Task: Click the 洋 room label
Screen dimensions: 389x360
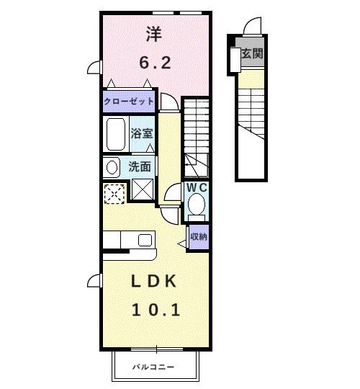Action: pyautogui.click(x=153, y=34)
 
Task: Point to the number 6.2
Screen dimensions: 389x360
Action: pyautogui.click(x=154, y=63)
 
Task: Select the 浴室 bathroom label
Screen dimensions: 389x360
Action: pyautogui.click(x=141, y=133)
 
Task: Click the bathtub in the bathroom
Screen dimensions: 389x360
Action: pyautogui.click(x=116, y=134)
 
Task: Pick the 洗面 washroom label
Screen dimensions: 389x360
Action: pyautogui.click(x=140, y=166)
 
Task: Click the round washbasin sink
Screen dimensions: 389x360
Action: pyautogui.click(x=112, y=167)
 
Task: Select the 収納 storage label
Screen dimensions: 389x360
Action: pyautogui.click(x=199, y=236)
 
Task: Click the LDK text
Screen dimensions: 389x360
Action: pyautogui.click(x=154, y=281)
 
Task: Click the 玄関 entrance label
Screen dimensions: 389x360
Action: pyautogui.click(x=251, y=53)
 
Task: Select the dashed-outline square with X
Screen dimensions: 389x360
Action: pyautogui.click(x=114, y=193)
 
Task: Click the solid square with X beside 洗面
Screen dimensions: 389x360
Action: pyautogui.click(x=142, y=191)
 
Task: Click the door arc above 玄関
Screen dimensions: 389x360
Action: pyautogui.click(x=253, y=27)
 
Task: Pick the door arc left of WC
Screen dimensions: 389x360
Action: pyautogui.click(x=174, y=193)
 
